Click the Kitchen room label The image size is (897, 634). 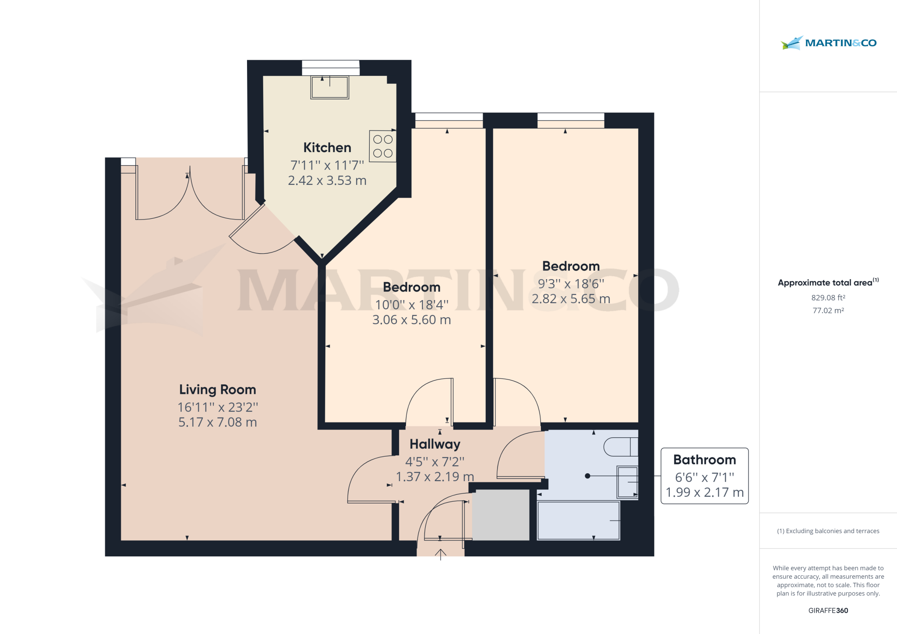click(327, 148)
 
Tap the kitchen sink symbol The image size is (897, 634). click(329, 88)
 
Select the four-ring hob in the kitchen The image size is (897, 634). click(382, 146)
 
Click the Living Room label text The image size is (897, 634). click(217, 390)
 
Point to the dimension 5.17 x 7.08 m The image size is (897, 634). click(217, 422)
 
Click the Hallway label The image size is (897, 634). click(434, 444)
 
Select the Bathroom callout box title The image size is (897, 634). click(704, 460)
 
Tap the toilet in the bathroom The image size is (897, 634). click(621, 447)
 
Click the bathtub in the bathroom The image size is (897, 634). click(578, 521)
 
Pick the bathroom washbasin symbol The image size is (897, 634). click(627, 482)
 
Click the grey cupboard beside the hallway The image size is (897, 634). click(501, 515)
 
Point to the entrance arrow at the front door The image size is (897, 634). click(440, 554)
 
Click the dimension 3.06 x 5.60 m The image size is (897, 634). click(411, 320)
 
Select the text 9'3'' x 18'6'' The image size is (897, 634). click(571, 284)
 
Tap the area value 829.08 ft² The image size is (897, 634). click(828, 298)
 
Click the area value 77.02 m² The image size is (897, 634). click(828, 311)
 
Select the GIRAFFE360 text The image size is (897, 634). click(828, 610)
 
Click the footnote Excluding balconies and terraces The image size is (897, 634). click(828, 531)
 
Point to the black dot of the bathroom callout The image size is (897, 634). click(587, 476)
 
